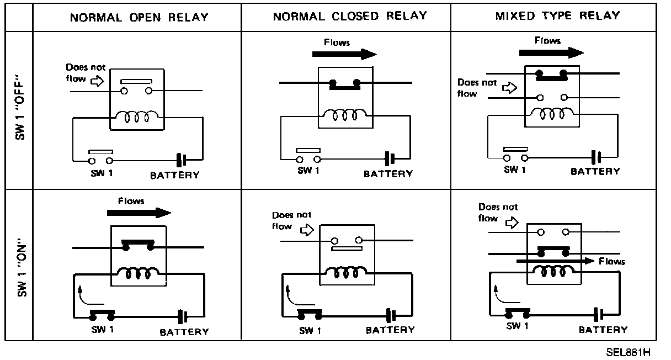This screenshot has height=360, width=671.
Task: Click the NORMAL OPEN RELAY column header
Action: (139, 17)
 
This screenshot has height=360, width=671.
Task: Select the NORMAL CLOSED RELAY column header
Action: (350, 15)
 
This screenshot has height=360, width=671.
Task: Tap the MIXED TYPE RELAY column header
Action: (557, 15)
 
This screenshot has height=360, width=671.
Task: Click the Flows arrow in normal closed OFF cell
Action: (344, 54)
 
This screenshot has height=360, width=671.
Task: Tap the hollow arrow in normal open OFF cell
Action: (96, 82)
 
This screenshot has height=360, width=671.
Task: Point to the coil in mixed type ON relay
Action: (553, 271)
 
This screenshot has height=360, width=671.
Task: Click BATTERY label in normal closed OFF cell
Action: (388, 174)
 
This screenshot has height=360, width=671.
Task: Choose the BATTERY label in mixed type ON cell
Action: (603, 330)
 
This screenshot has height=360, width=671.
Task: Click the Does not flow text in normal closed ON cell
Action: (291, 220)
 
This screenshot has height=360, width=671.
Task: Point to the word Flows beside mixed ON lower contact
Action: (612, 261)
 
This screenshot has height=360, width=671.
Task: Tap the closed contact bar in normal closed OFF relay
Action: (345, 84)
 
